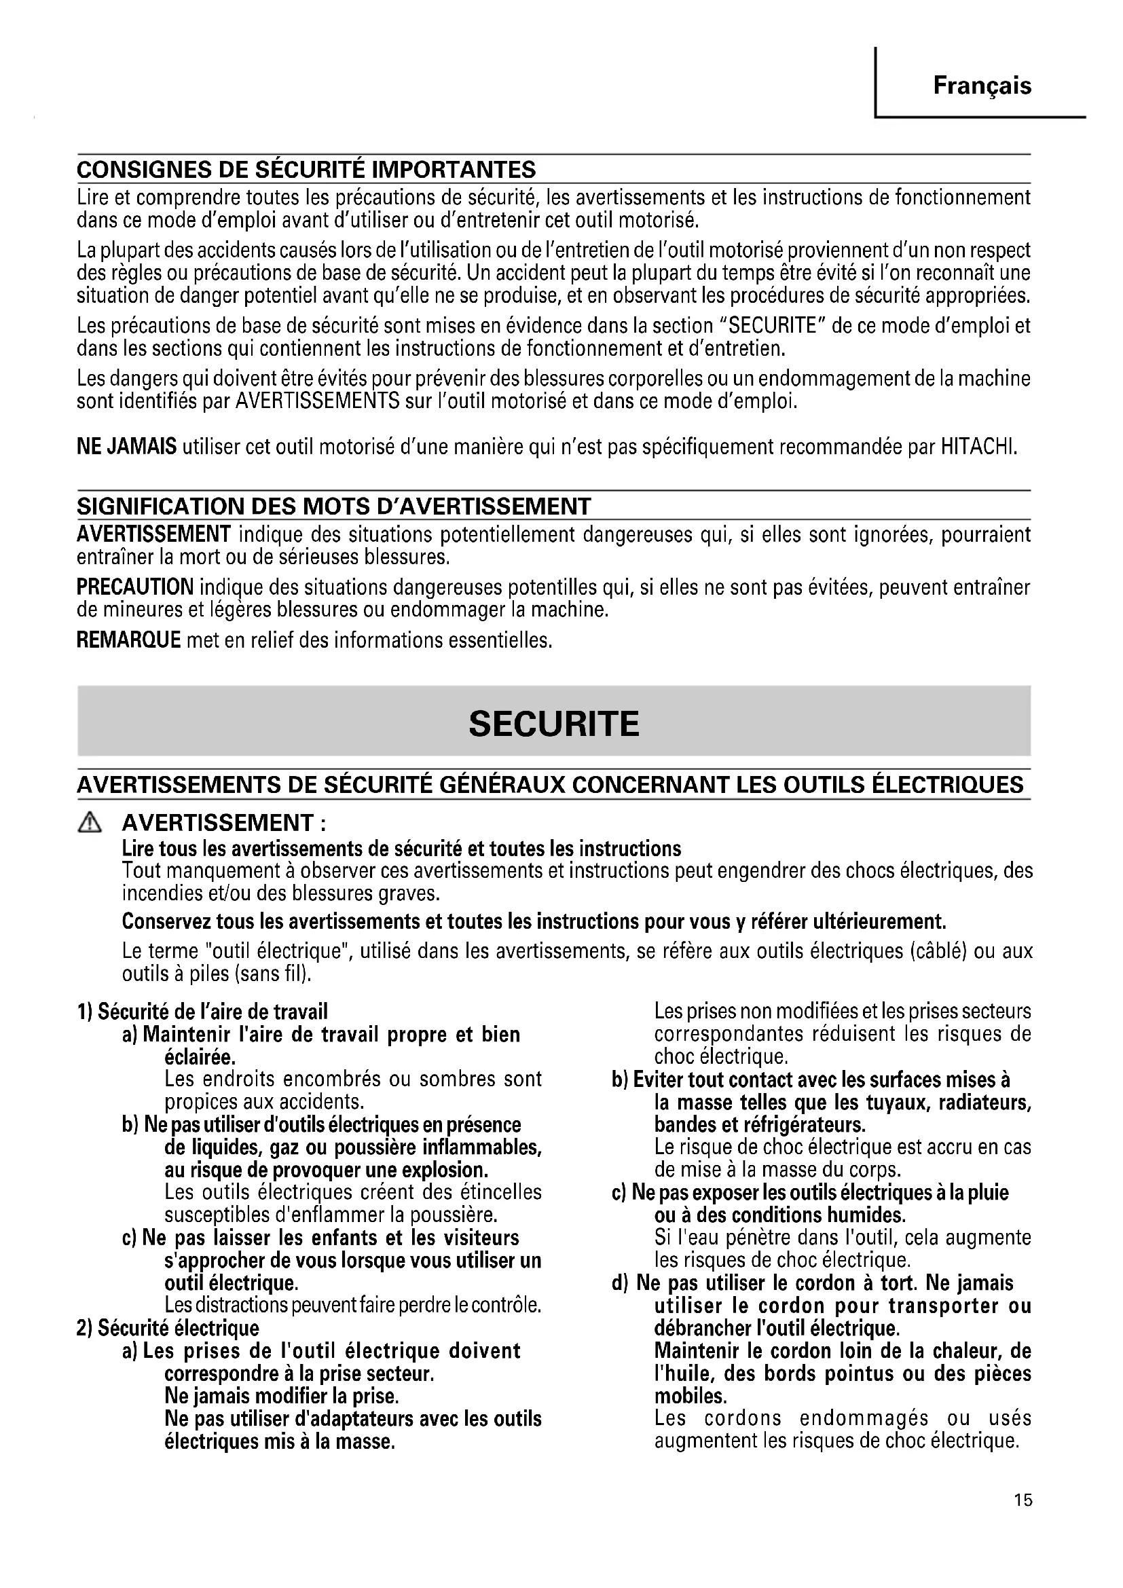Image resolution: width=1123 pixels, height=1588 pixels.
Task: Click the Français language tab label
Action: point(982,86)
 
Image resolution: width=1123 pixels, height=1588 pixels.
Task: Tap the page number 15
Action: point(1023,1519)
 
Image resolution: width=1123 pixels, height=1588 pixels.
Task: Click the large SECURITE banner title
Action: point(554,724)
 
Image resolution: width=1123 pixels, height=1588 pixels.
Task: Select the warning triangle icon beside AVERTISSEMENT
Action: point(90,822)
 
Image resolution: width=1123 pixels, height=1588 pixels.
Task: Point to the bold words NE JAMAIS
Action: point(126,447)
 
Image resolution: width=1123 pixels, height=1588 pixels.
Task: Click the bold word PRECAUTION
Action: point(135,588)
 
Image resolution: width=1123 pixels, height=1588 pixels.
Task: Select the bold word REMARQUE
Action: point(128,640)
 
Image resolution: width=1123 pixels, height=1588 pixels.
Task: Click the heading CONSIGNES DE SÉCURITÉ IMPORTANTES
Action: point(306,170)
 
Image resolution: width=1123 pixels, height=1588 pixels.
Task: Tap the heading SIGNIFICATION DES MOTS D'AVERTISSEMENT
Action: point(334,506)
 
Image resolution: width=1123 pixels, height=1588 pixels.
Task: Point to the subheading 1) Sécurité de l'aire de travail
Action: point(202,1012)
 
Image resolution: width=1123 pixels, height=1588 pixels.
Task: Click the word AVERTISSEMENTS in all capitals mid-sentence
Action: point(317,401)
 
